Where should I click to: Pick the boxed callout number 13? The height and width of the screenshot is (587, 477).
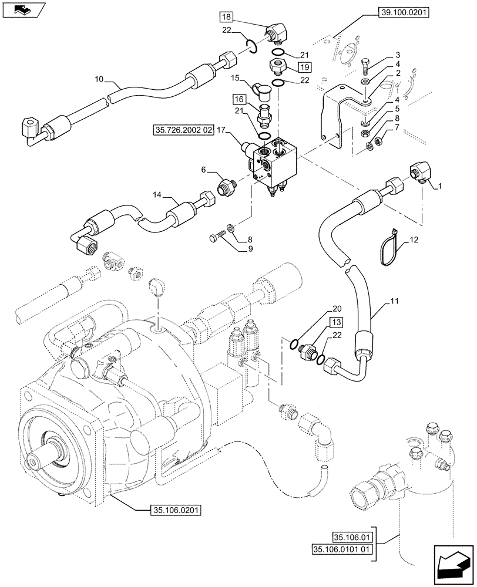[335, 322]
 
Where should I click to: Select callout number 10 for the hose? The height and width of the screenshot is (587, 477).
[98, 78]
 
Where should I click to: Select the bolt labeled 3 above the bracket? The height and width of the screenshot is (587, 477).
[365, 64]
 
